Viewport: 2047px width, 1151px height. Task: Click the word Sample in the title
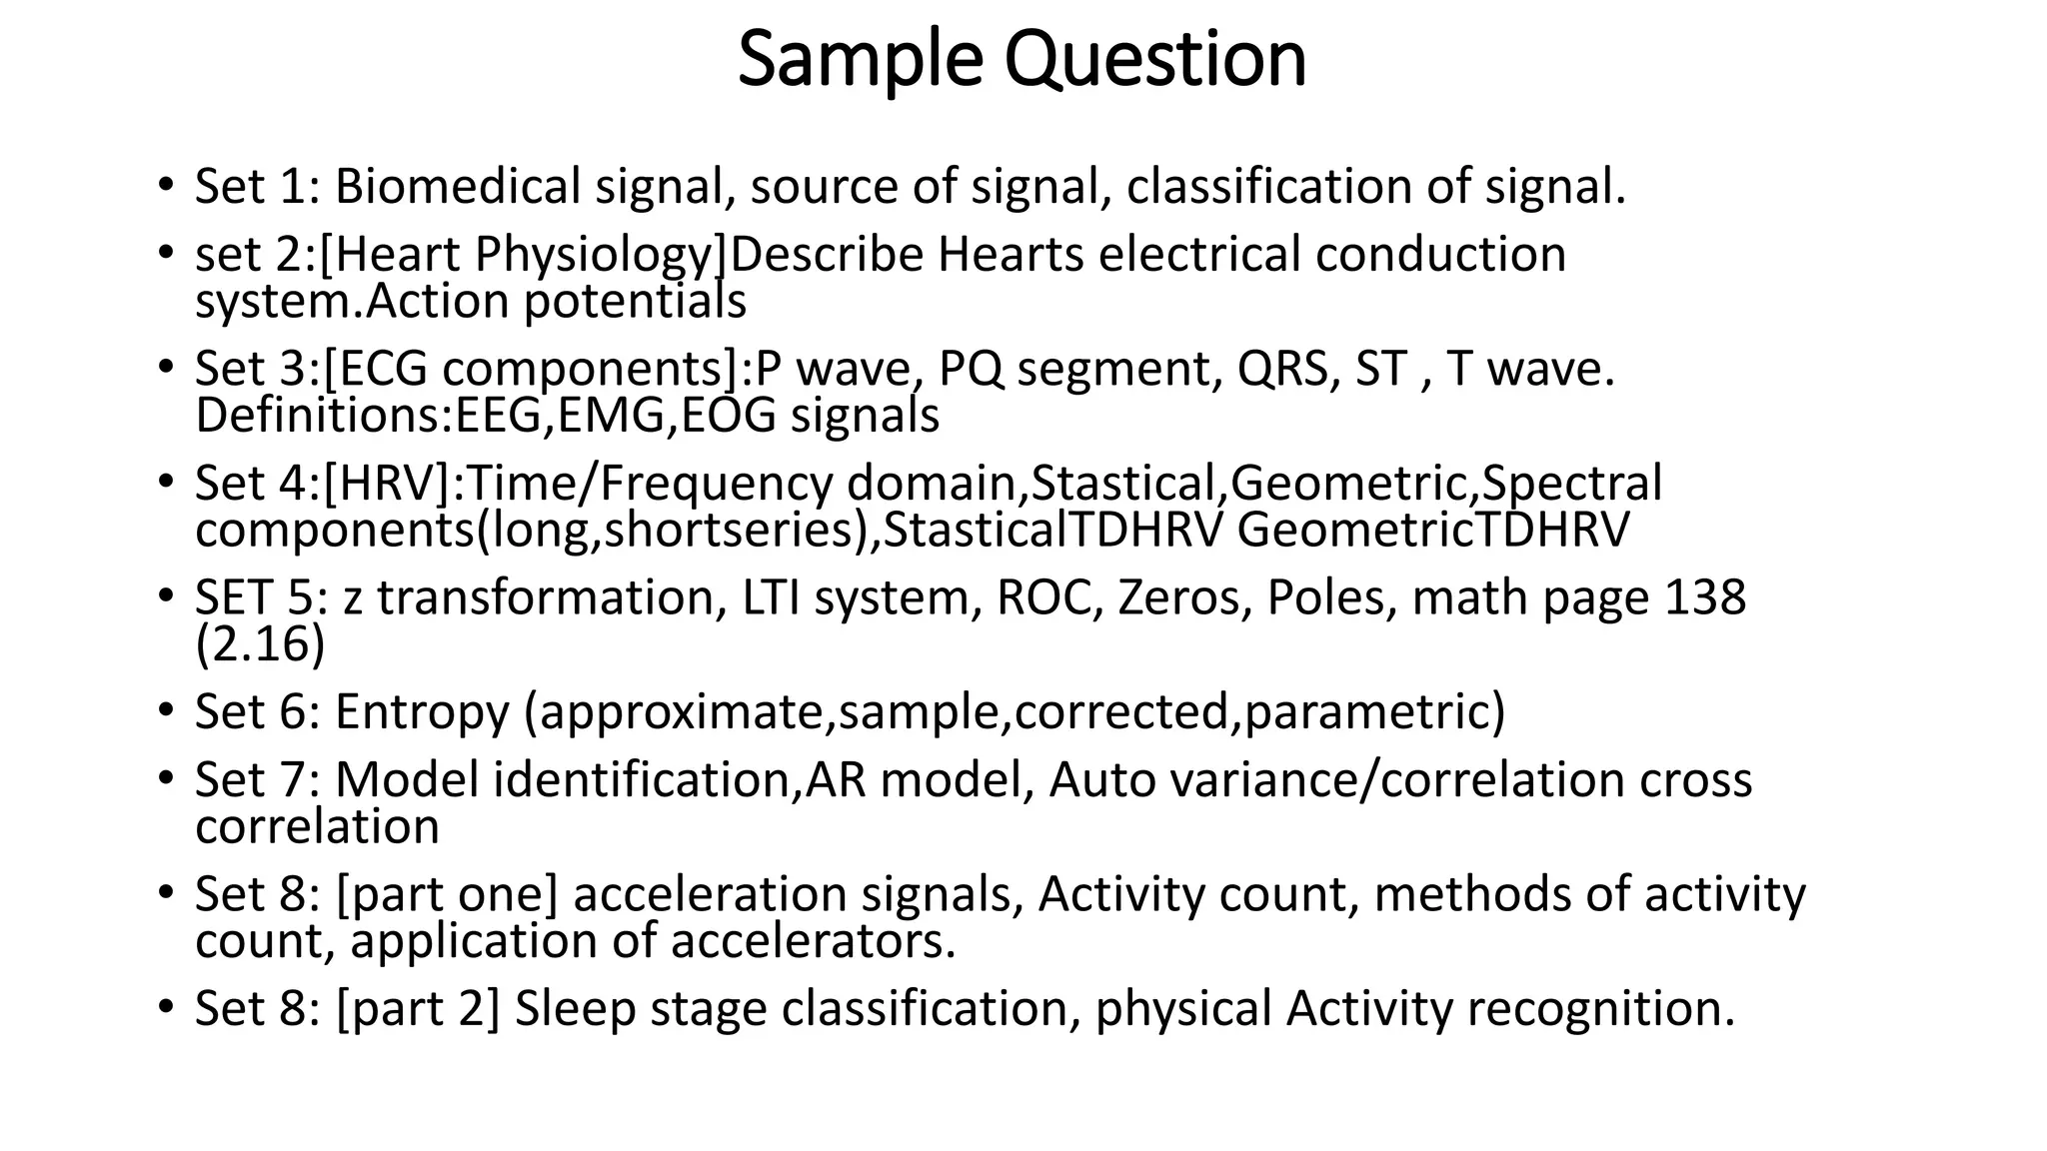pos(860,60)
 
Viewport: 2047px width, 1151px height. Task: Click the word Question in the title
pos(1154,60)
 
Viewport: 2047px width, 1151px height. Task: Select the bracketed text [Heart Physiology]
pos(524,254)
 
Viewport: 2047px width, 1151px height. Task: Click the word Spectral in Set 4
pos(1571,484)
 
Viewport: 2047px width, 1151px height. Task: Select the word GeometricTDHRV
pos(1432,531)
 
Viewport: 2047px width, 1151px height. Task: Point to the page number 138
pos(1705,597)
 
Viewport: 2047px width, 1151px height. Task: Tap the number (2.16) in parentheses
pos(260,644)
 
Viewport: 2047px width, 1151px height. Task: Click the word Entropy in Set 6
pos(422,712)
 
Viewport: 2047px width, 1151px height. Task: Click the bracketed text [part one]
pos(447,894)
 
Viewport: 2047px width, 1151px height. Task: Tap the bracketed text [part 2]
pos(418,1008)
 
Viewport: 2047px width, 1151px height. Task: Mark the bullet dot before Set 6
pos(165,711)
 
